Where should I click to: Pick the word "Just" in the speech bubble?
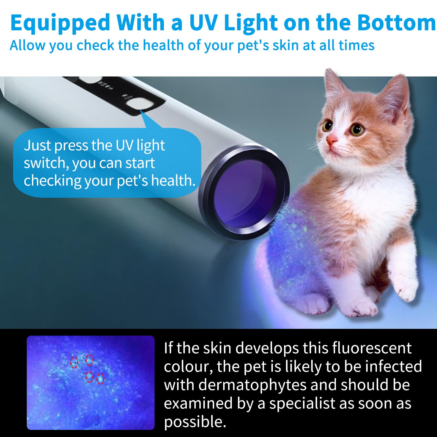coord(37,145)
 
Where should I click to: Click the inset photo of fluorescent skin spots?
coord(91,383)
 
